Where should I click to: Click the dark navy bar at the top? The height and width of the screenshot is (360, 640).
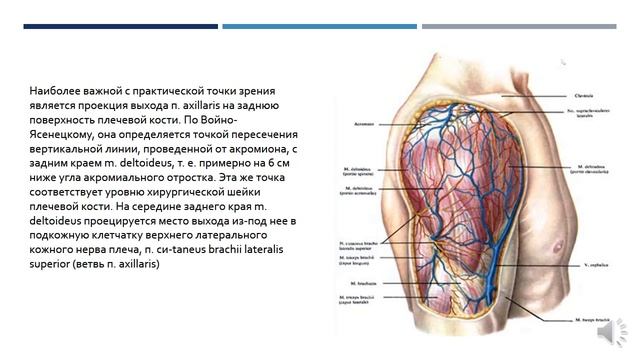119,27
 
